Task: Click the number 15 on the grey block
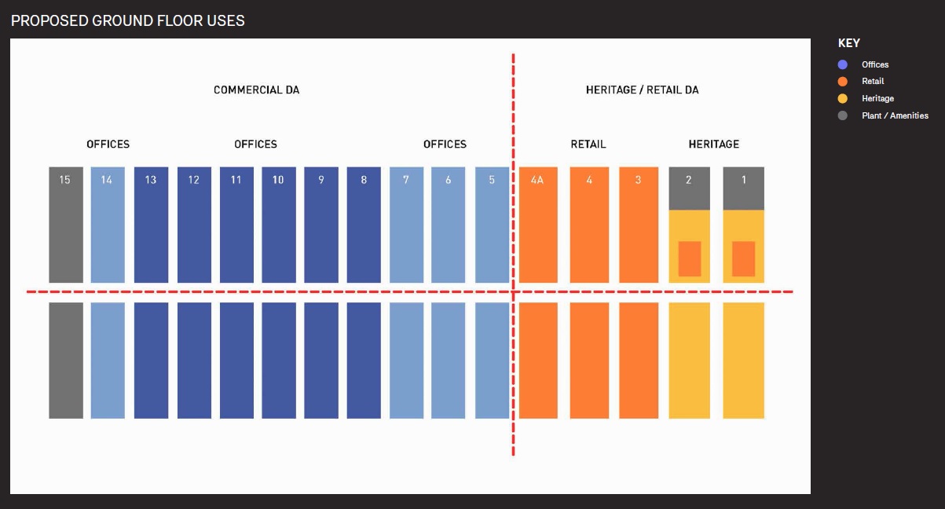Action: point(65,180)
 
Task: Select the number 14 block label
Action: point(107,180)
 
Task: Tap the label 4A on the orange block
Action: point(538,180)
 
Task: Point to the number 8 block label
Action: point(364,180)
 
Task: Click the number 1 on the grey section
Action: point(743,180)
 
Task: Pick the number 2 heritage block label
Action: point(689,180)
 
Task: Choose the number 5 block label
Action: point(492,180)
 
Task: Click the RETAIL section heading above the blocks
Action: point(588,145)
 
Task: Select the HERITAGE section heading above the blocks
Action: point(714,145)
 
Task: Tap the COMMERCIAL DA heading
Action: point(256,90)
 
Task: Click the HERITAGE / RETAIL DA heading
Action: point(642,90)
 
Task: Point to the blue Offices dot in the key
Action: point(843,64)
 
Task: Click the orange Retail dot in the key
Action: point(843,82)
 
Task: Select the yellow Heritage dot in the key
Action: point(843,98)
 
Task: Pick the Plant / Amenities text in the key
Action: point(895,115)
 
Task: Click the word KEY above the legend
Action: point(848,43)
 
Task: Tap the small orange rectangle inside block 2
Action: point(690,258)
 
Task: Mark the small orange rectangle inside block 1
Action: point(743,258)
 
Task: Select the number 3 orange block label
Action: point(638,180)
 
